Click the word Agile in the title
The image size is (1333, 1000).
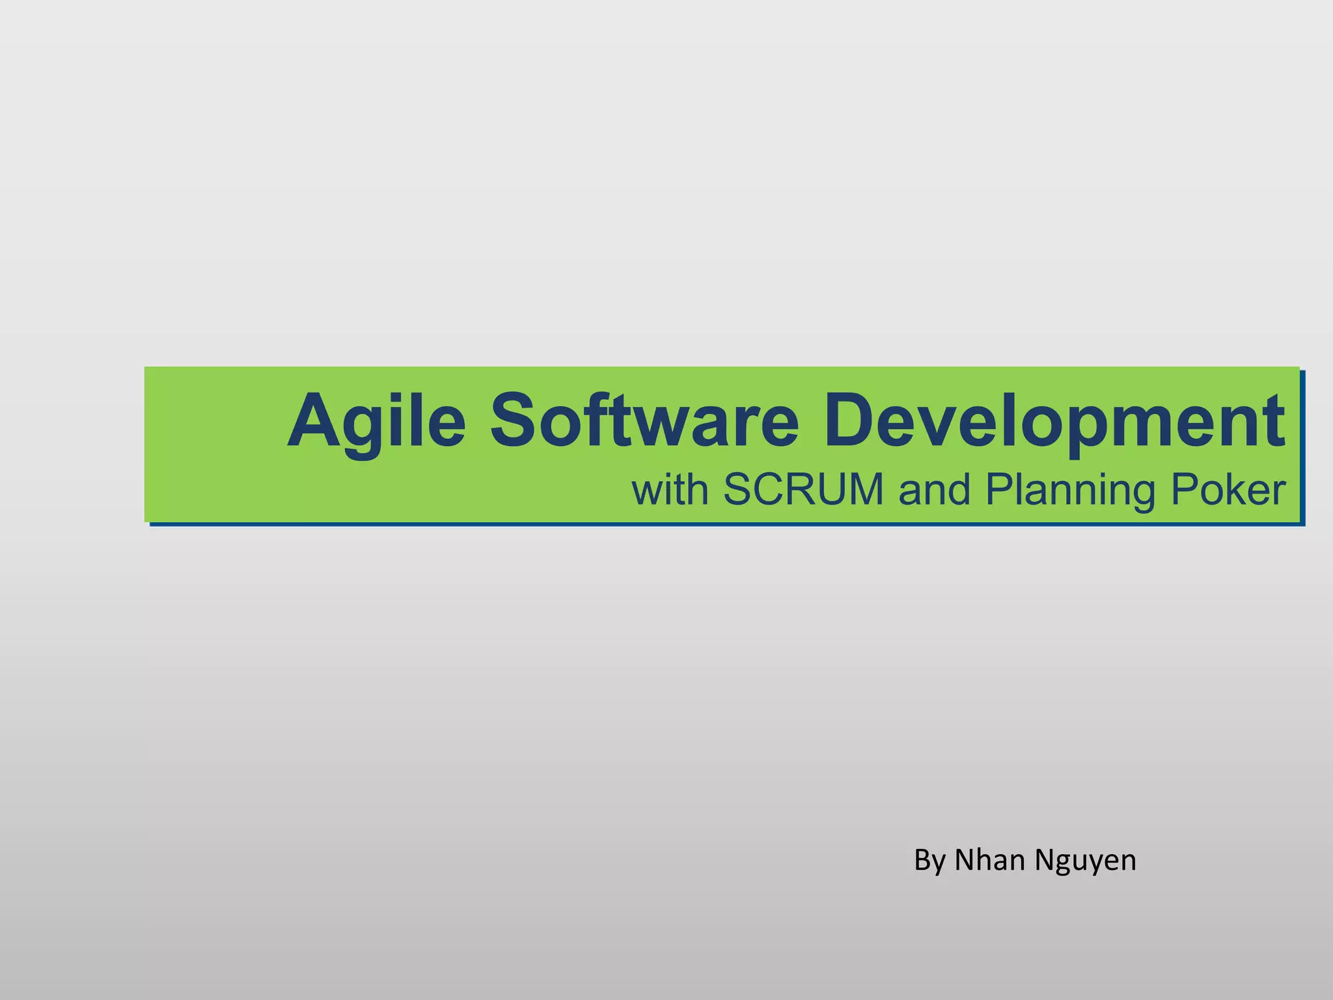[x=376, y=421]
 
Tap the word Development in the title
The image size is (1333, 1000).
[x=1054, y=421]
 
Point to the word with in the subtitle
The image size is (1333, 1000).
[x=670, y=490]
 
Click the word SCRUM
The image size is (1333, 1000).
[x=803, y=489]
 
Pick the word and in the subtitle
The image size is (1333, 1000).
[x=934, y=490]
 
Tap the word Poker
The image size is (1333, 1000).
[x=1228, y=489]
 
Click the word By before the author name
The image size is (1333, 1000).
[x=929, y=861]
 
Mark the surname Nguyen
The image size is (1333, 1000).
[x=1086, y=861]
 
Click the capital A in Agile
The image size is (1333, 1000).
[x=314, y=420]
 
